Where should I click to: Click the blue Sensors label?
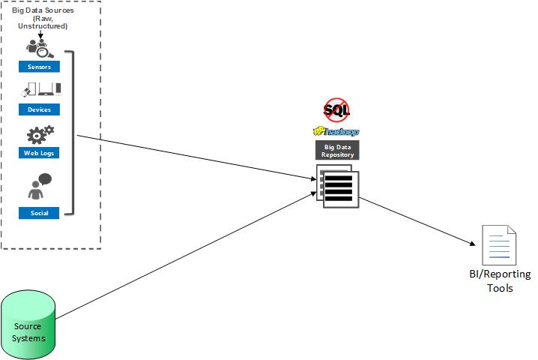point(39,67)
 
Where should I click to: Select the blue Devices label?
point(39,109)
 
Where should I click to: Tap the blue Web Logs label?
point(39,153)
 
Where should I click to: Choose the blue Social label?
point(39,213)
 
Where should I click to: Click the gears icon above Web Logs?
point(40,134)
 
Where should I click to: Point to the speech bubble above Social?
point(45,179)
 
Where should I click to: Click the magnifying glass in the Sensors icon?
point(45,52)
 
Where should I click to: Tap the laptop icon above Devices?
point(46,89)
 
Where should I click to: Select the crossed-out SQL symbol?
point(336,110)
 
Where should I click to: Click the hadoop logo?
point(336,131)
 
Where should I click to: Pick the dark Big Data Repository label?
point(337,150)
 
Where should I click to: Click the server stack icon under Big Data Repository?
point(338,187)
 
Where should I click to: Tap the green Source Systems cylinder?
point(28,325)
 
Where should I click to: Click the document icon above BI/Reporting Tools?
point(499,245)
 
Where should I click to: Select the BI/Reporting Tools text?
point(500,281)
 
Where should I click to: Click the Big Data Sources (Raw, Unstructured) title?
point(43,18)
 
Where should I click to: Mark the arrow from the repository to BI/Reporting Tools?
point(417,221)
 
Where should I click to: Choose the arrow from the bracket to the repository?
point(196,157)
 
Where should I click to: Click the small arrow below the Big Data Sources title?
point(40,34)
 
